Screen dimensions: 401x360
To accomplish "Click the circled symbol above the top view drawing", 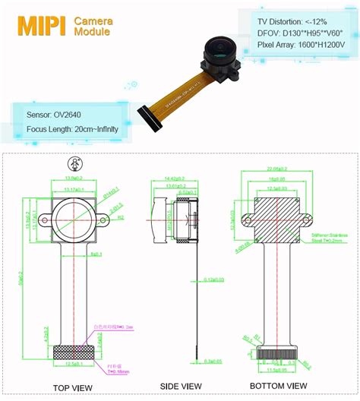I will click(x=74, y=163).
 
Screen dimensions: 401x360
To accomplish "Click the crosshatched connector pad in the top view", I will click(x=74, y=353).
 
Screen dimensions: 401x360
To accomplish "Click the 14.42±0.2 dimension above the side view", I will click(x=175, y=178).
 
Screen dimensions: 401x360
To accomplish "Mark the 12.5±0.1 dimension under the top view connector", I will click(x=74, y=365).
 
